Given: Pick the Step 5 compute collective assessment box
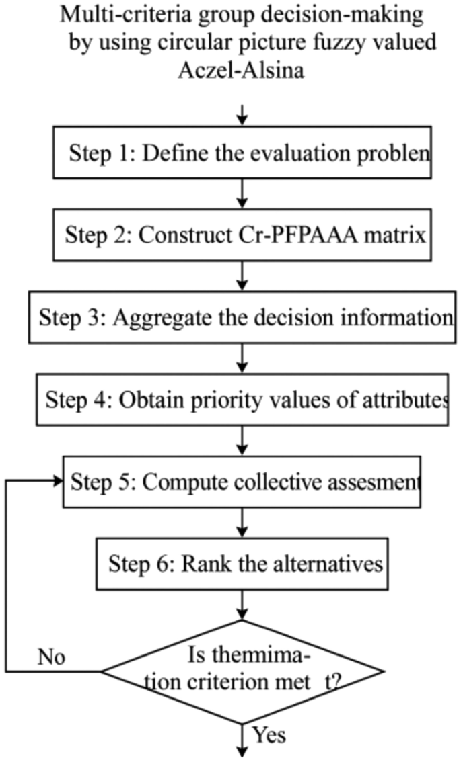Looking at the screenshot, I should pos(242,482).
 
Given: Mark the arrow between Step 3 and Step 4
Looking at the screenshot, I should pos(243,358).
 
